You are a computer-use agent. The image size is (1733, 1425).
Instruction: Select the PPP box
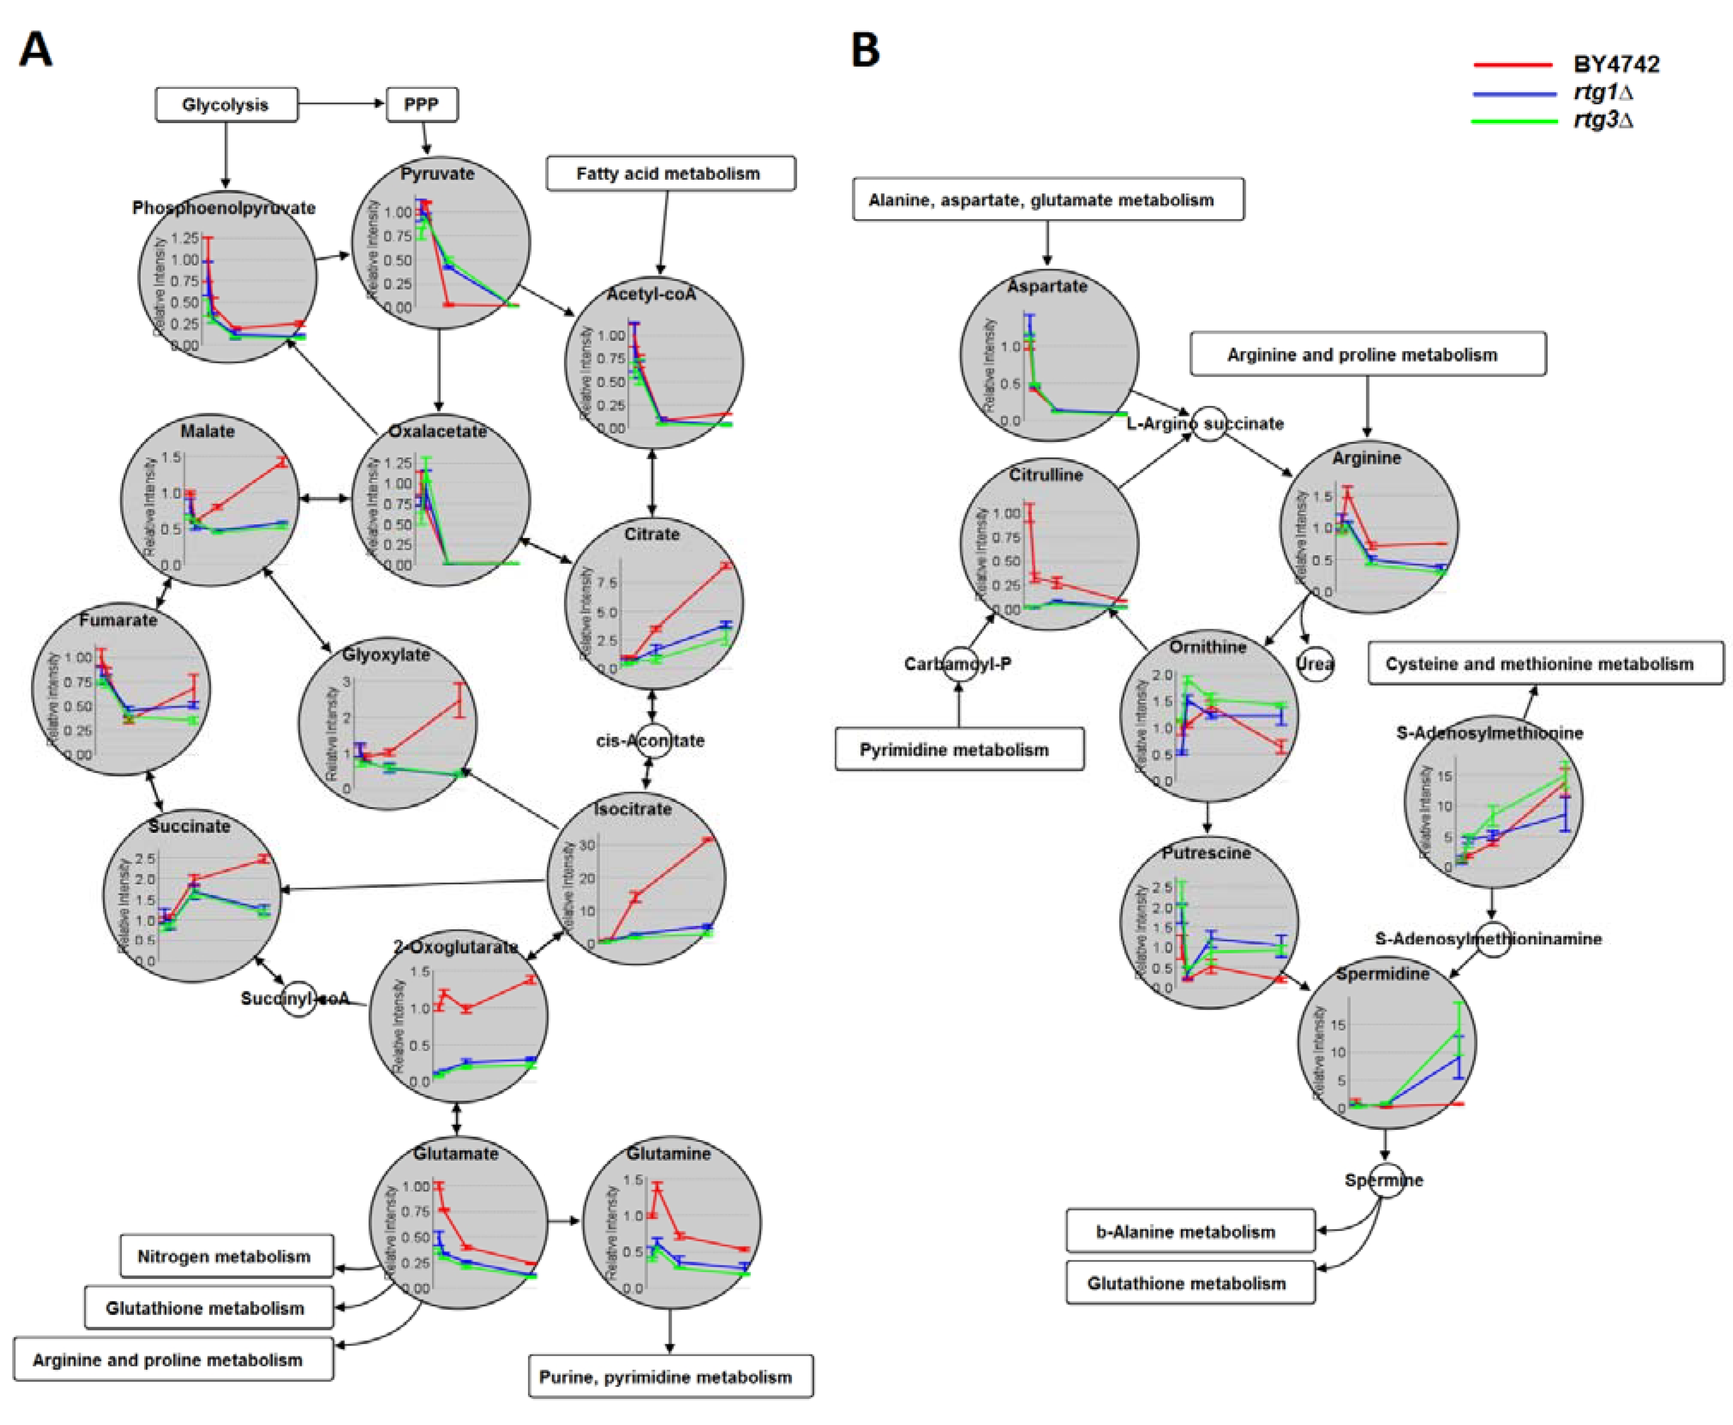422,104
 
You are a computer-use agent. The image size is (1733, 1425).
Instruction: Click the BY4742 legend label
1615,64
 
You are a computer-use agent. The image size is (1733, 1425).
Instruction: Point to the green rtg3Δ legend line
1514,121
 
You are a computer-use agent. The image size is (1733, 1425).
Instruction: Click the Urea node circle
1314,663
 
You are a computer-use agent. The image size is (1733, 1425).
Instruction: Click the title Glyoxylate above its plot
386,654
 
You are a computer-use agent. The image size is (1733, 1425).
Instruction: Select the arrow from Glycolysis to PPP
341,103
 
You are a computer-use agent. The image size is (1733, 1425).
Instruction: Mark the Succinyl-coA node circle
299,998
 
